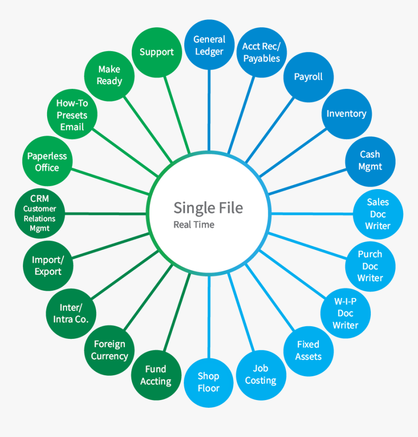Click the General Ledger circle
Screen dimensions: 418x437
[209, 45]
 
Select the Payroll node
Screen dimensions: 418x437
[309, 77]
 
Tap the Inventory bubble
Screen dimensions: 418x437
[347, 114]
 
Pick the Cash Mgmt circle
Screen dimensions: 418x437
[370, 161]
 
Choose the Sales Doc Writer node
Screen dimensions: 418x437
[378, 214]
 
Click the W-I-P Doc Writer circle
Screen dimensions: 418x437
[346, 313]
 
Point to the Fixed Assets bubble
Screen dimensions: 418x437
[309, 351]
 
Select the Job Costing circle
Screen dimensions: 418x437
[261, 375]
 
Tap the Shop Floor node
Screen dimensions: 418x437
[209, 383]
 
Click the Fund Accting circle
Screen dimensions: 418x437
[157, 375]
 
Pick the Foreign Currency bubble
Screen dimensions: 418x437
[109, 350]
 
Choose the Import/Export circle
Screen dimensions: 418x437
[48, 265]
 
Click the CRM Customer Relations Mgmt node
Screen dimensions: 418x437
[40, 213]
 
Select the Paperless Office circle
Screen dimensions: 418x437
[47, 161]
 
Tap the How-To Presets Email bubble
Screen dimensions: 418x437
[72, 114]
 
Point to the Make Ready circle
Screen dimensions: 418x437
[109, 76]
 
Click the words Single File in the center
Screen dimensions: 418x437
[208, 208]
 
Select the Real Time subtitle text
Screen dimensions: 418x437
[194, 225]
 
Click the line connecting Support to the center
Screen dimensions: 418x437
[176, 115]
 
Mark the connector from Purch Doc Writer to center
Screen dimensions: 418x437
[307, 245]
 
